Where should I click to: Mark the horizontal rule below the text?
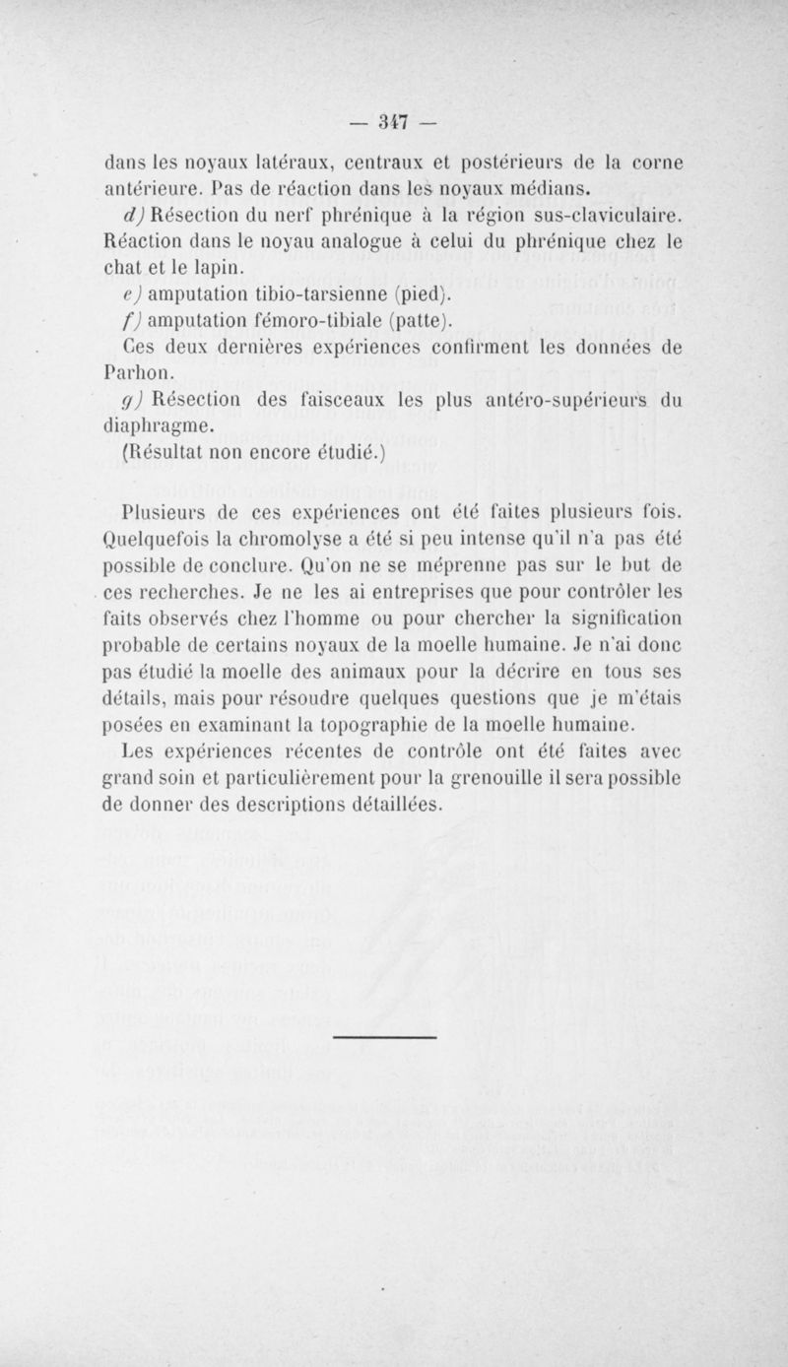[386, 1037]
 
